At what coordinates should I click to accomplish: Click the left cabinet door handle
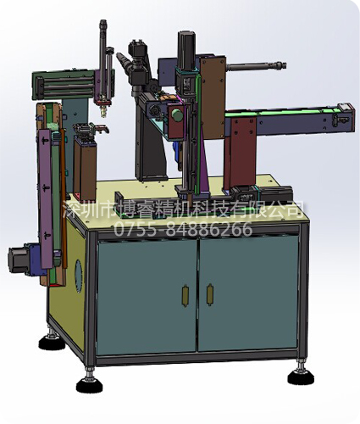pyautogui.click(x=186, y=295)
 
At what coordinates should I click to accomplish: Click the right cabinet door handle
pyautogui.click(x=209, y=295)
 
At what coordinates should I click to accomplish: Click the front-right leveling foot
pyautogui.click(x=300, y=374)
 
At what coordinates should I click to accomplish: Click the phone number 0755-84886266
pyautogui.click(x=183, y=229)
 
